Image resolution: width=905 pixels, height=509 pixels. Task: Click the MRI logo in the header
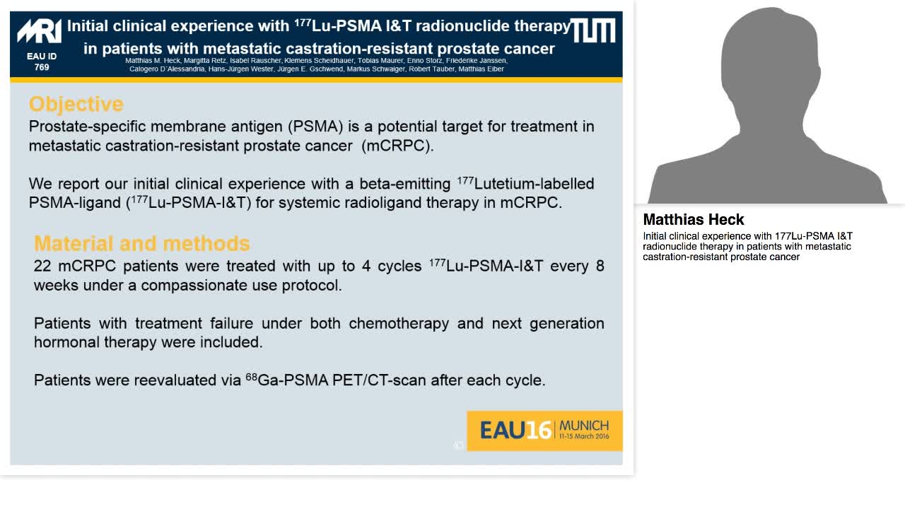click(40, 32)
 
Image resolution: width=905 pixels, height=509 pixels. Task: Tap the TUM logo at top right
click(592, 30)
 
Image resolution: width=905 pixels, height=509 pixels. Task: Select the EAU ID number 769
click(42, 68)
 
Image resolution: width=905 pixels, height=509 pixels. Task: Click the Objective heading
click(76, 104)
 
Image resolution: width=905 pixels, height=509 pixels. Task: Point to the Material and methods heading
click(141, 243)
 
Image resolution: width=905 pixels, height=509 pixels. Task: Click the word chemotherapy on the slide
click(399, 323)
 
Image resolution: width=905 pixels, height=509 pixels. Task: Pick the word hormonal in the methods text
click(66, 342)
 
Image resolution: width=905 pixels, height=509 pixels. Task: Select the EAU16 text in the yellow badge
click(515, 430)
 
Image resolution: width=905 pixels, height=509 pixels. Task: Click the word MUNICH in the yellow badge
click(584, 426)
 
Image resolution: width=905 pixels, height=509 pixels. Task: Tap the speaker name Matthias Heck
click(693, 220)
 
